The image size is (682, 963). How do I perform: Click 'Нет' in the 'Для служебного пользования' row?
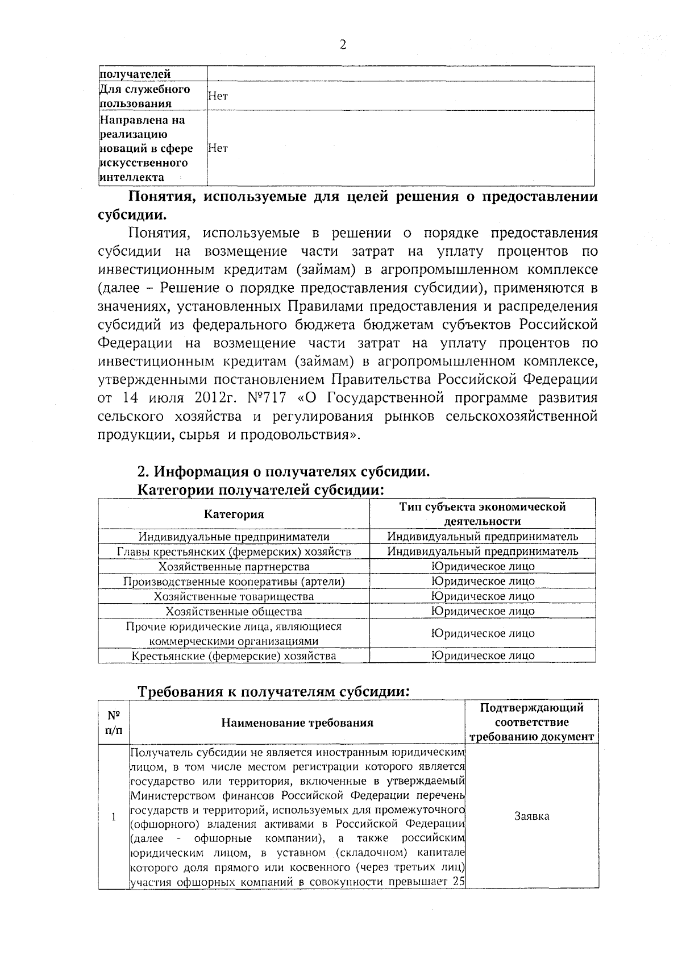(x=218, y=97)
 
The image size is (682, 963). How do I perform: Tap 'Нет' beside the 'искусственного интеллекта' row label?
(x=218, y=148)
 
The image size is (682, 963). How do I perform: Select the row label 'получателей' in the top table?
(x=135, y=74)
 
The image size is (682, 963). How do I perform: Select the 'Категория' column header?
(x=234, y=514)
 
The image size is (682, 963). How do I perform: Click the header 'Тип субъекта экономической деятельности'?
(x=483, y=514)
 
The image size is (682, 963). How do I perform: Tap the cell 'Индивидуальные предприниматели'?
(x=234, y=537)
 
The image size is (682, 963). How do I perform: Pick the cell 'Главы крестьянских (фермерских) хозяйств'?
(x=234, y=551)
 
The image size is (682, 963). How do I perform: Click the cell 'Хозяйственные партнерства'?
(x=234, y=567)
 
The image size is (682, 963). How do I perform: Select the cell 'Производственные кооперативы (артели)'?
(x=234, y=582)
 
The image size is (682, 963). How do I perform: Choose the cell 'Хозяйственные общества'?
(x=234, y=612)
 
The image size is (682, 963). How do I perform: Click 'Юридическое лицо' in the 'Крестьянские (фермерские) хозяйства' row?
(x=483, y=655)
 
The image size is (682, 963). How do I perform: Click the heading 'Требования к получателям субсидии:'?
(x=274, y=692)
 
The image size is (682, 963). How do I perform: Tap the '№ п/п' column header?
(x=113, y=723)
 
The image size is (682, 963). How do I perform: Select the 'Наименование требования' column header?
(x=297, y=723)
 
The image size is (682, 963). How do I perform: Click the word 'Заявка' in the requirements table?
(x=531, y=816)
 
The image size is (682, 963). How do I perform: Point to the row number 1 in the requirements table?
(x=113, y=817)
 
